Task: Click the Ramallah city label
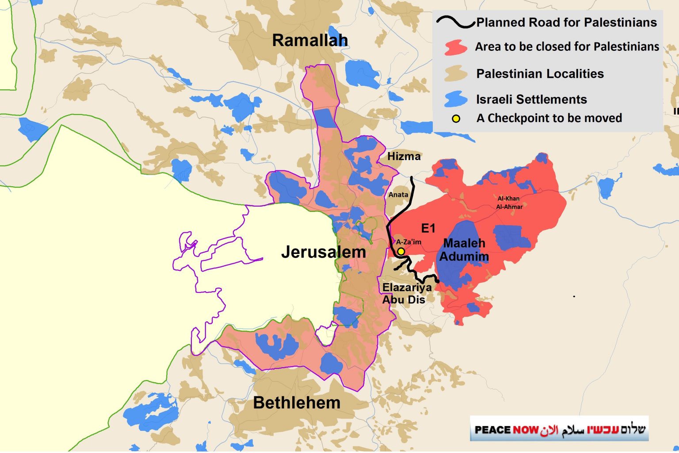pos(310,40)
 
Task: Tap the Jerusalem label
pos(323,252)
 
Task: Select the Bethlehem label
pos(297,403)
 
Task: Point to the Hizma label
pos(404,156)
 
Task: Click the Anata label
pos(398,195)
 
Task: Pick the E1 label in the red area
pos(428,228)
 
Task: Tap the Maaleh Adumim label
pos(464,250)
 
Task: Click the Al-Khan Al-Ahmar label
pos(509,203)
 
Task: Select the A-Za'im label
pos(408,242)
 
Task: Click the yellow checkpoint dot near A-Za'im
pos(401,252)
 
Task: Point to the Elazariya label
pos(407,288)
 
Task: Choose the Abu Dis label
pos(404,300)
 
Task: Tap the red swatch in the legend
pos(456,47)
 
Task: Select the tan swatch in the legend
pos(456,73)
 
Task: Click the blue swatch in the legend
pos(456,99)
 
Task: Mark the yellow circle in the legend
pos(456,119)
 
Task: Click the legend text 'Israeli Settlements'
pos(531,100)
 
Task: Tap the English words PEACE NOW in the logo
pos(506,430)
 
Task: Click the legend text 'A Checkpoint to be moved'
pos(549,118)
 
